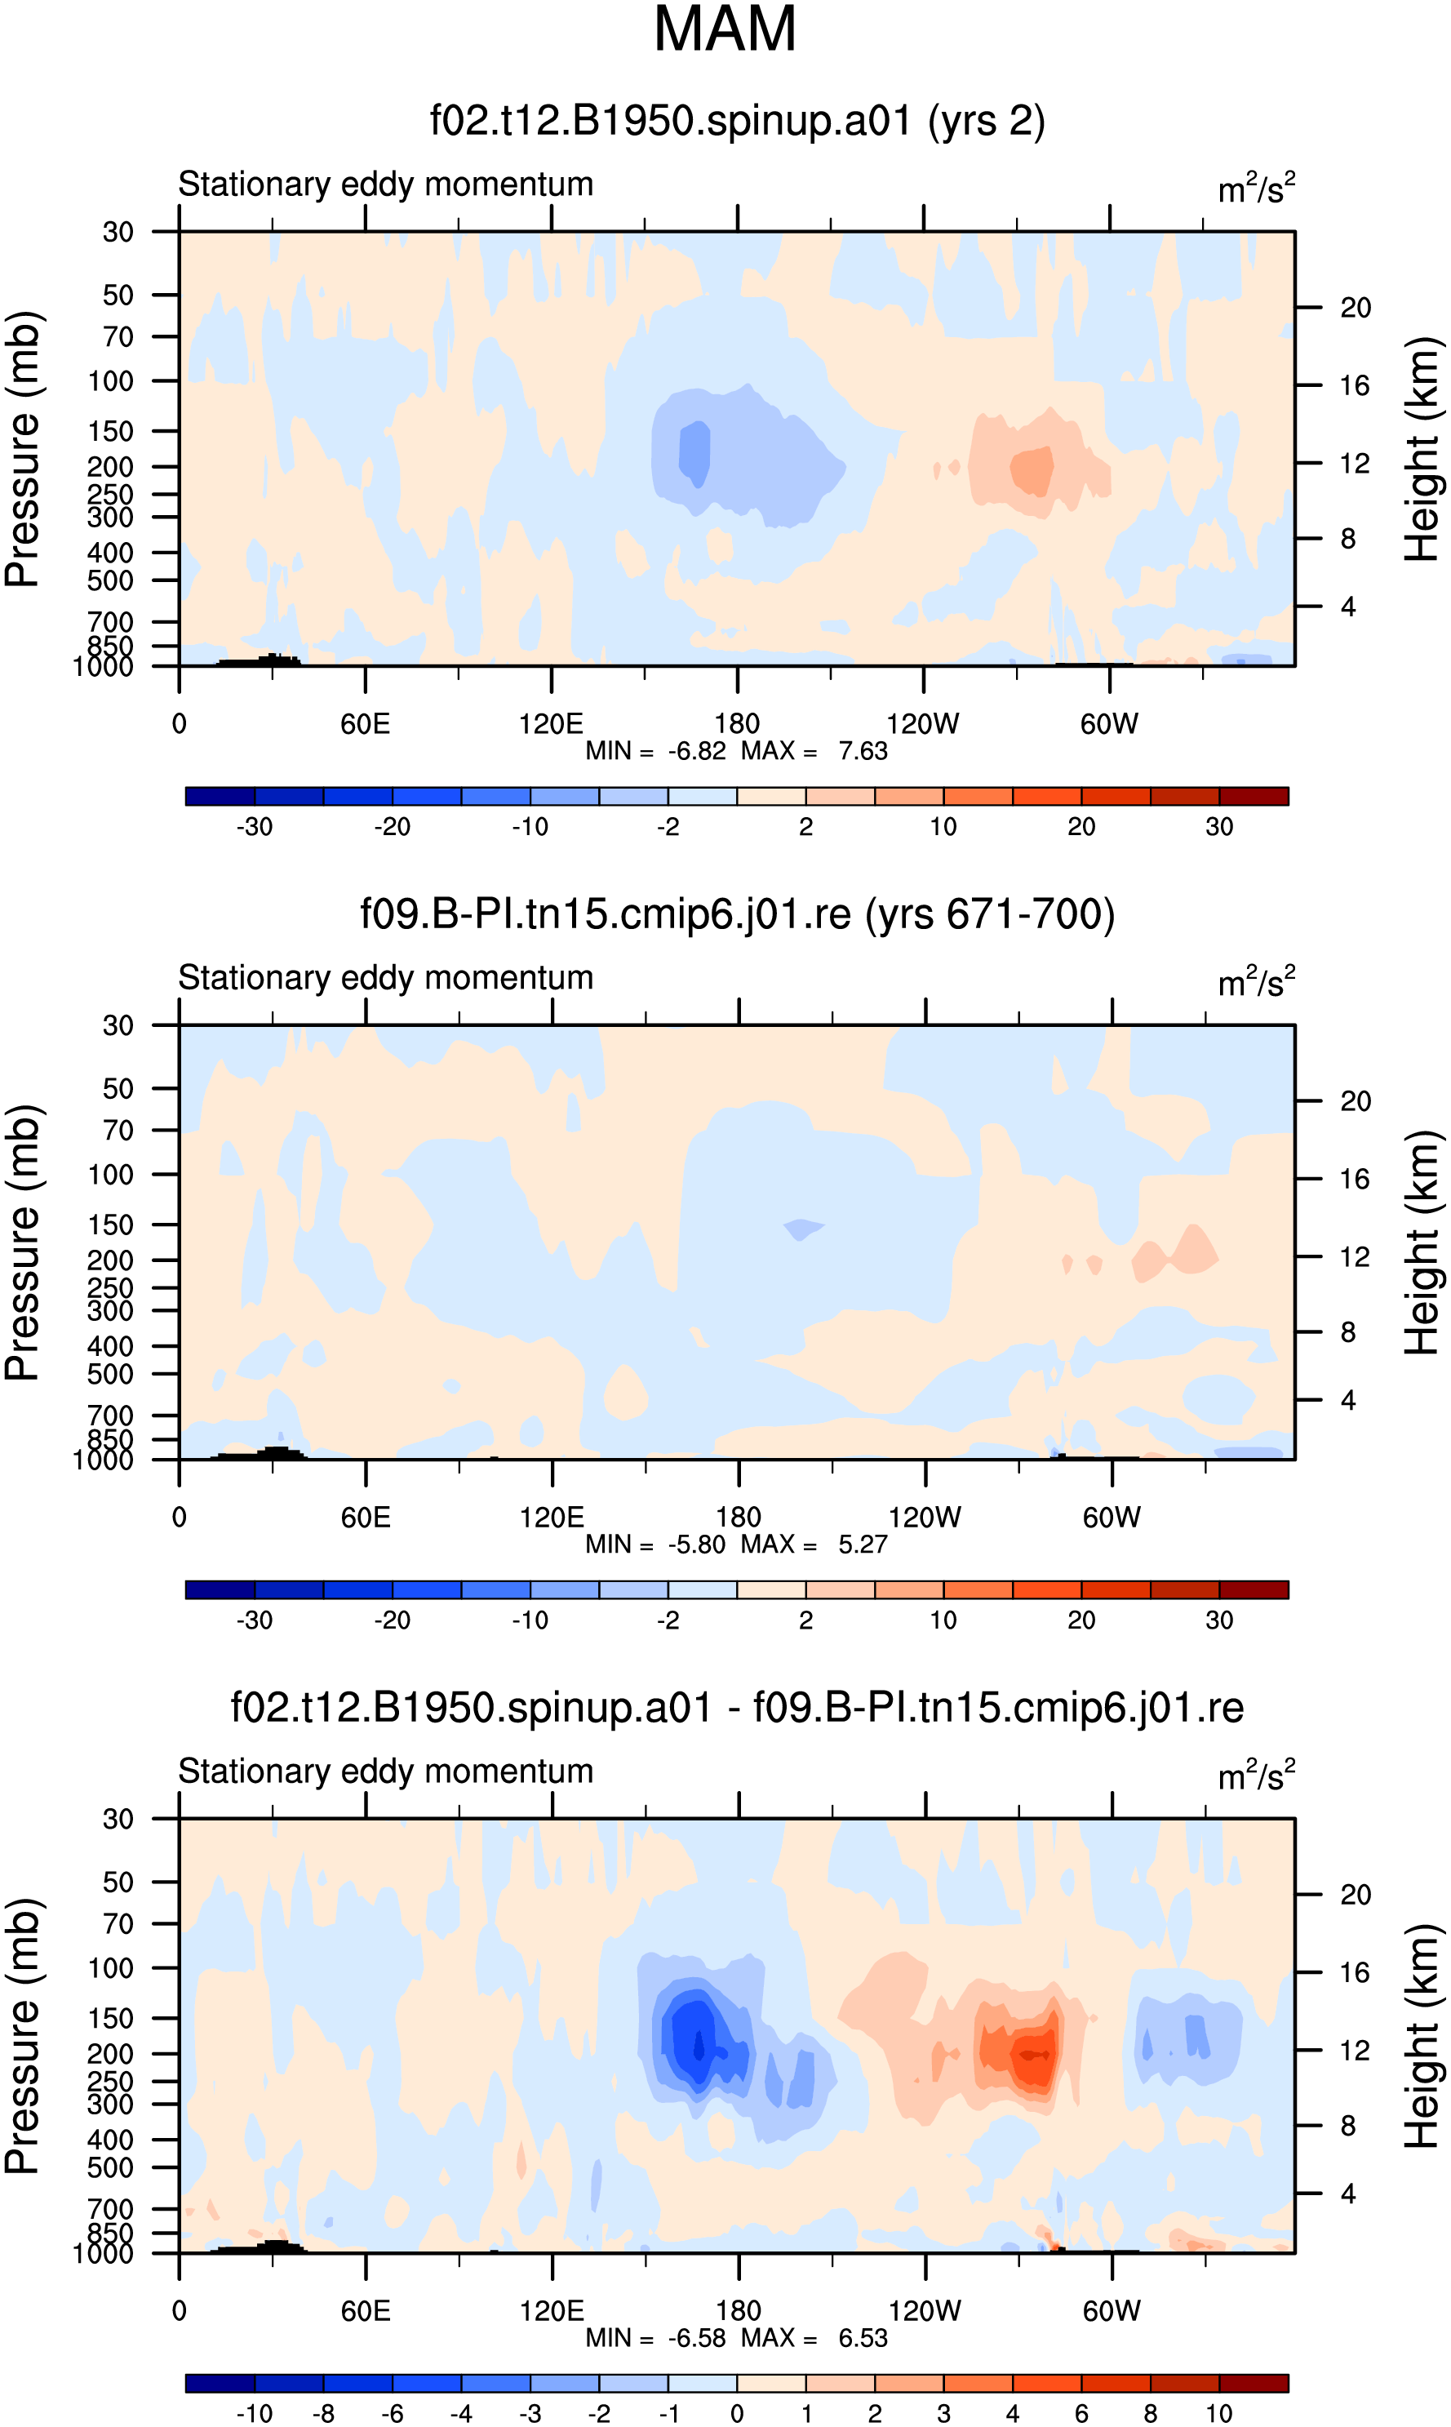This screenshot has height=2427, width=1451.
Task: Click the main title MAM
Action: (x=725, y=29)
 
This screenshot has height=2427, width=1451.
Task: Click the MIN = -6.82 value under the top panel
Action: (x=655, y=751)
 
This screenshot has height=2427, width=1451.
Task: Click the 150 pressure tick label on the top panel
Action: (x=110, y=431)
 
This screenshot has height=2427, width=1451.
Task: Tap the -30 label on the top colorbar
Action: (x=255, y=826)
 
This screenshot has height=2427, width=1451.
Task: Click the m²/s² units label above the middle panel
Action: (x=1257, y=980)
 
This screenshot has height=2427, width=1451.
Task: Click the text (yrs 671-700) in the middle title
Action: (x=989, y=914)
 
